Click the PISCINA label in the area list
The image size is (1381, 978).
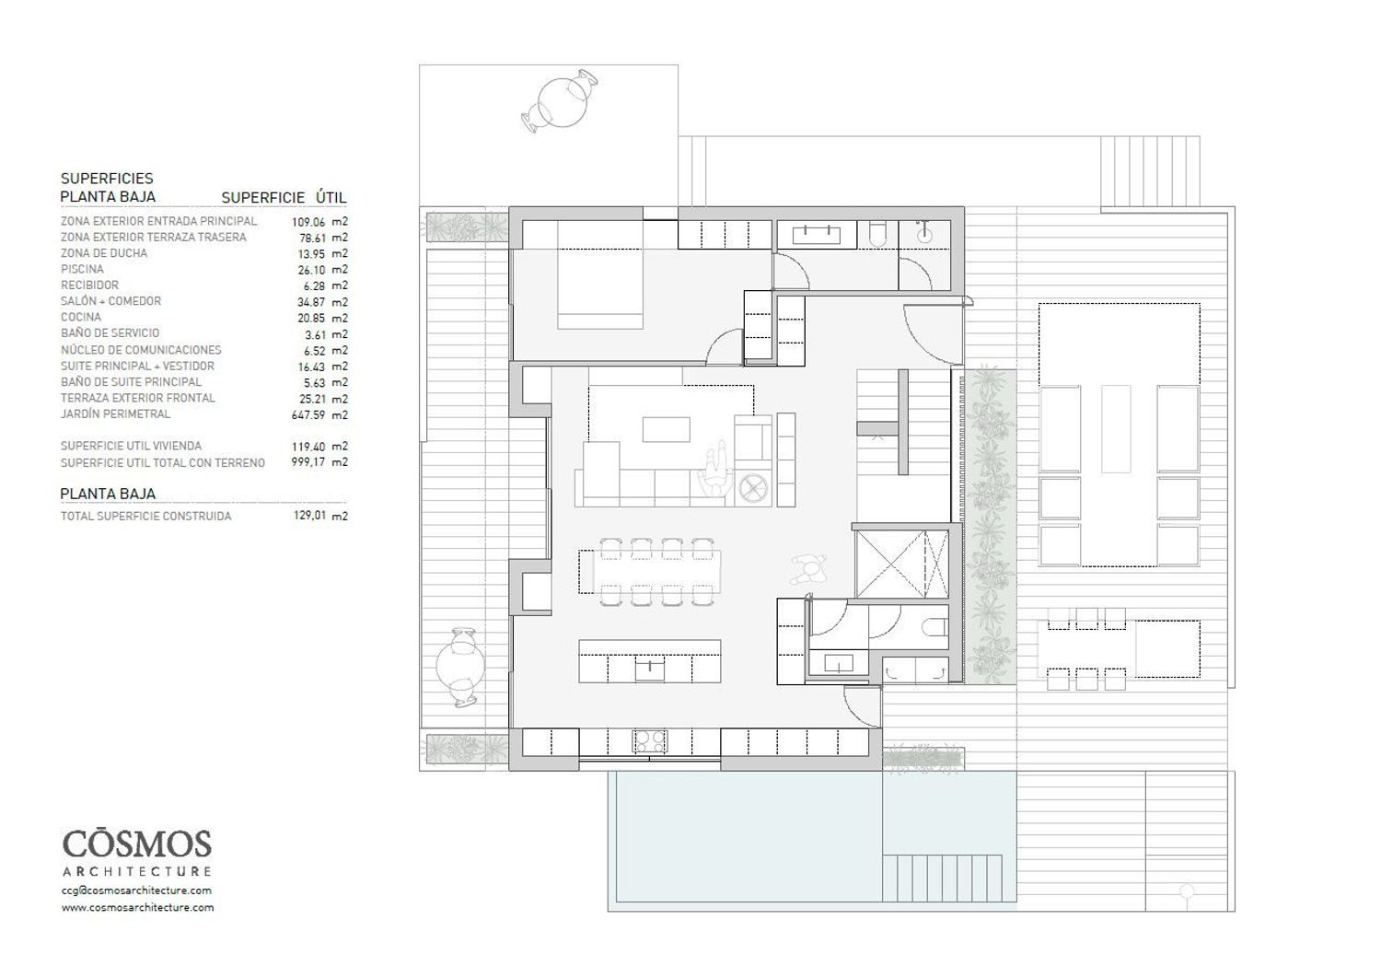(82, 269)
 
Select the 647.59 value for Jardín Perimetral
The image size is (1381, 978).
(308, 415)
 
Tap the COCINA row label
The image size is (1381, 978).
(81, 317)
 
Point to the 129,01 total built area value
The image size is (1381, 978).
(309, 516)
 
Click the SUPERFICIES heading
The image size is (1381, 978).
(107, 179)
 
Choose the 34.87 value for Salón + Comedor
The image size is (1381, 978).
(311, 302)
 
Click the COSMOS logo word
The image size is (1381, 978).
(137, 844)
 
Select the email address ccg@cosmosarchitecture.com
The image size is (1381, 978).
(136, 891)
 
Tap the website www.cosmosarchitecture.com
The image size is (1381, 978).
(137, 907)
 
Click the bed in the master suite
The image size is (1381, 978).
(600, 274)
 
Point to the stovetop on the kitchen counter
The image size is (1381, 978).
(650, 740)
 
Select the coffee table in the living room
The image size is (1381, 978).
(666, 429)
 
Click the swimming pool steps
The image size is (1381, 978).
(942, 879)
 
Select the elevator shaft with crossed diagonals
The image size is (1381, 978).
(902, 564)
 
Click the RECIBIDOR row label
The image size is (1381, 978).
(89, 285)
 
